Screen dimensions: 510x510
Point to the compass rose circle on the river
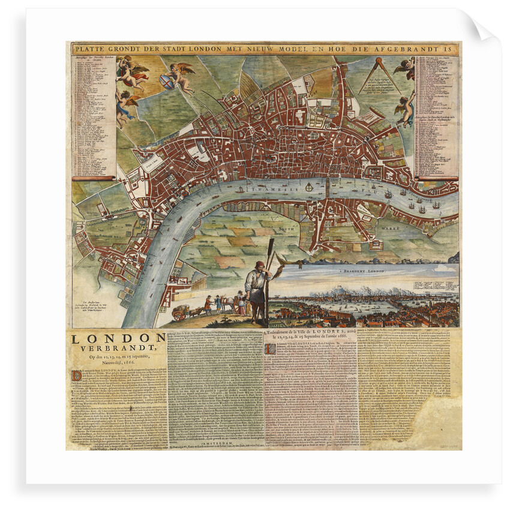(x=309, y=188)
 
